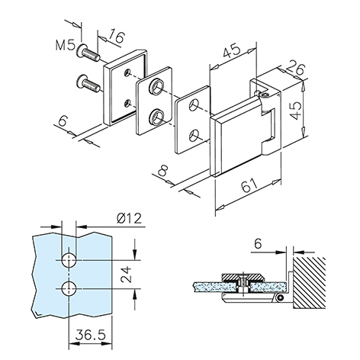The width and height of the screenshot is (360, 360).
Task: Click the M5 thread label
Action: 65,45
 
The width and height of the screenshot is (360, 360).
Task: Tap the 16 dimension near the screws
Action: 116,37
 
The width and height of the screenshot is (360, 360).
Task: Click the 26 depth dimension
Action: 296,68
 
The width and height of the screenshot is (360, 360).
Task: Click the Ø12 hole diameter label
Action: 130,218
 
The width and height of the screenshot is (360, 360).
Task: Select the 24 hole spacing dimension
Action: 127,275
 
